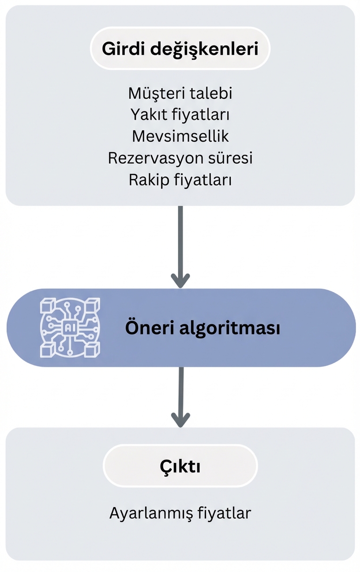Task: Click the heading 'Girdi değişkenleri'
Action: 180,49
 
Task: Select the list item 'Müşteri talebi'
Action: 180,93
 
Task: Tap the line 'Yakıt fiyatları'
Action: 180,115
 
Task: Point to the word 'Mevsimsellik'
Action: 180,136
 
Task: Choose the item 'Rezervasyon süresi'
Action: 180,158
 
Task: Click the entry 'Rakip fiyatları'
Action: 180,180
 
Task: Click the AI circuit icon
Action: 70,327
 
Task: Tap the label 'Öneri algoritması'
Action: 202,328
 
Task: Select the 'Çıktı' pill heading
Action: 180,466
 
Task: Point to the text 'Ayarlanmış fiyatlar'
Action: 180,513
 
